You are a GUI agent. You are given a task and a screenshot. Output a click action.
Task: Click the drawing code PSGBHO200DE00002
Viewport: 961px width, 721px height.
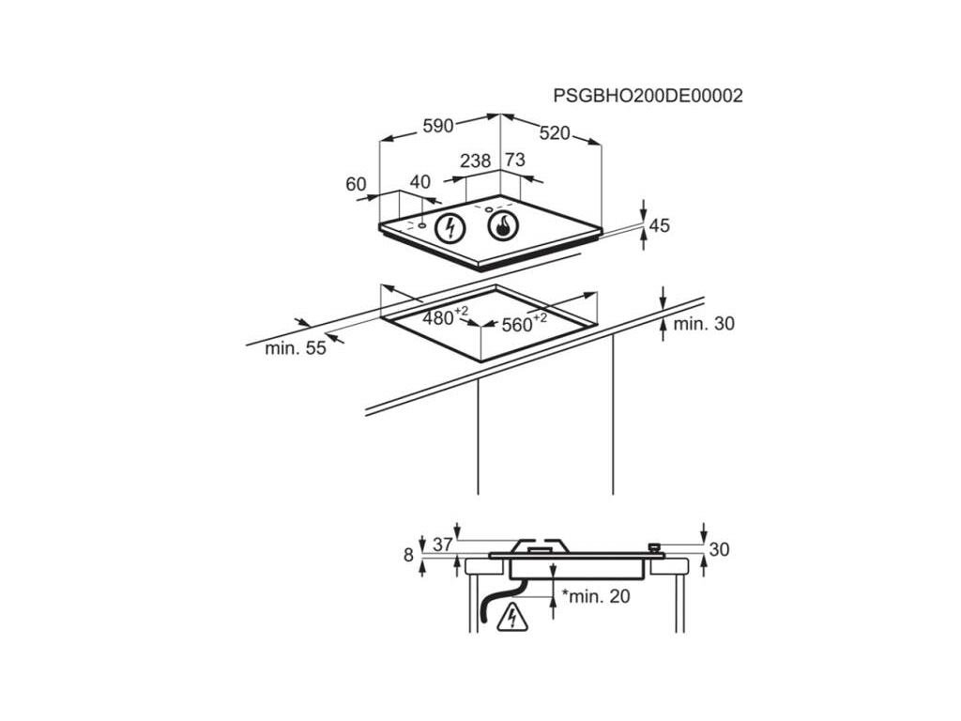pyautogui.click(x=648, y=96)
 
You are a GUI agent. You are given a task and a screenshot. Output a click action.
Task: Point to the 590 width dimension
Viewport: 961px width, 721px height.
pyautogui.click(x=437, y=126)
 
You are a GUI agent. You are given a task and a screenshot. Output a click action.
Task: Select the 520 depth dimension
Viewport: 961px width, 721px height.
pyautogui.click(x=555, y=133)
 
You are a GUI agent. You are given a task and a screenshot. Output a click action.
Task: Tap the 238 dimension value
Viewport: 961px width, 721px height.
pyautogui.click(x=476, y=161)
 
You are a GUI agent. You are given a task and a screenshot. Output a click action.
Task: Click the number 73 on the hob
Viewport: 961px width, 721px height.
pyautogui.click(x=515, y=161)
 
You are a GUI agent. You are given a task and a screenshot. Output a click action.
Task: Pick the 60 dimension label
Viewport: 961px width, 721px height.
pyautogui.click(x=356, y=185)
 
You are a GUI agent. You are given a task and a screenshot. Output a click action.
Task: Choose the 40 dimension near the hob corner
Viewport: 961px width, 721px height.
pyautogui.click(x=419, y=182)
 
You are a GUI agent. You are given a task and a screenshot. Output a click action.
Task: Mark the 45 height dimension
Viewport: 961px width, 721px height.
pyautogui.click(x=660, y=225)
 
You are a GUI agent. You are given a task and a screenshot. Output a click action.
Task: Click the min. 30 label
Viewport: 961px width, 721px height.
pyautogui.click(x=704, y=324)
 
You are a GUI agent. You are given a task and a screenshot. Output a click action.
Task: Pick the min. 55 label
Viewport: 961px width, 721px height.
pyautogui.click(x=295, y=348)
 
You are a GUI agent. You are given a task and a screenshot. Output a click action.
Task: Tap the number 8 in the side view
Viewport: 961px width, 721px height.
pyautogui.click(x=409, y=555)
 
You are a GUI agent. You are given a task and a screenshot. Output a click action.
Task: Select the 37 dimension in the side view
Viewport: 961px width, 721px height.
pyautogui.click(x=443, y=545)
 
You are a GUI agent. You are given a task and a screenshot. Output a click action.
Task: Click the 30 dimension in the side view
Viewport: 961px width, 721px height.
pyautogui.click(x=719, y=550)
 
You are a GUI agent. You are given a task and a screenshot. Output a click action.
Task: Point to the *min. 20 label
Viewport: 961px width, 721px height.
pyautogui.click(x=597, y=596)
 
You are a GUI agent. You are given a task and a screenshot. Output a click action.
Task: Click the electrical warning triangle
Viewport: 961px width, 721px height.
pyautogui.click(x=512, y=617)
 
